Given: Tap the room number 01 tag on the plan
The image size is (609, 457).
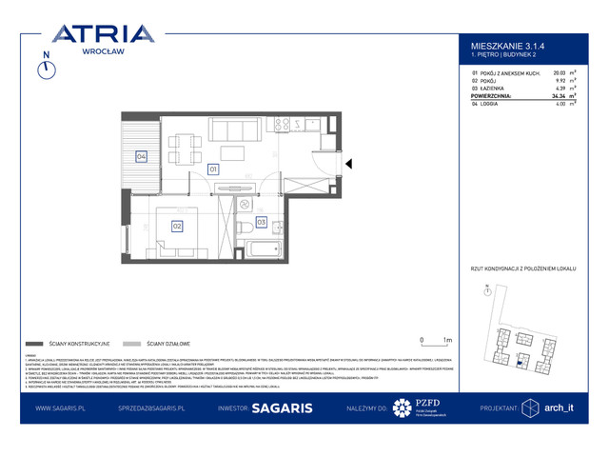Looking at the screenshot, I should coord(213,169).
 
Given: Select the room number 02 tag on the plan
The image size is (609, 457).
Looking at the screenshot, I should coord(178,226).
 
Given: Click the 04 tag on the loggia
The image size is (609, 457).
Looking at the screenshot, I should coord(141,157).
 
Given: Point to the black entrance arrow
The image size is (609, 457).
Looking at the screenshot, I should coord(349,165).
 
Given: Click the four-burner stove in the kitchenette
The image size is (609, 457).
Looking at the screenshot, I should coord(281,124).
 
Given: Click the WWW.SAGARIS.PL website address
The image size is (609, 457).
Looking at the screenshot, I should coord(63,407).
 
